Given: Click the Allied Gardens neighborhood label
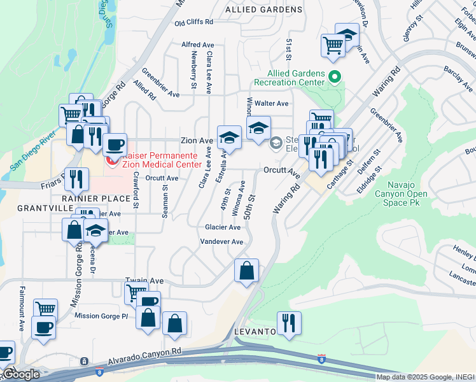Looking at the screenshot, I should (x=264, y=10).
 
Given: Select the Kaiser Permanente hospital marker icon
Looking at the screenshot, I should (x=112, y=160).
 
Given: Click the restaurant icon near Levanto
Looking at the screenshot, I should (x=289, y=323).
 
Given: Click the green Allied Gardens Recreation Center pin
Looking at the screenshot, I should (x=335, y=77).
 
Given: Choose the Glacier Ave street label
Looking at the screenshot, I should (x=223, y=227).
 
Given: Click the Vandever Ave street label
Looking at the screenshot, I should (x=222, y=242).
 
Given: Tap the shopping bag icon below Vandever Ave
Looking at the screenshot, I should (x=246, y=271).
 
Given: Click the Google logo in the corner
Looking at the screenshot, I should (x=20, y=374).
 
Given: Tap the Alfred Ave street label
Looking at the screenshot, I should (x=197, y=45).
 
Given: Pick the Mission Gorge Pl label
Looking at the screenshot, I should (x=101, y=316).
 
